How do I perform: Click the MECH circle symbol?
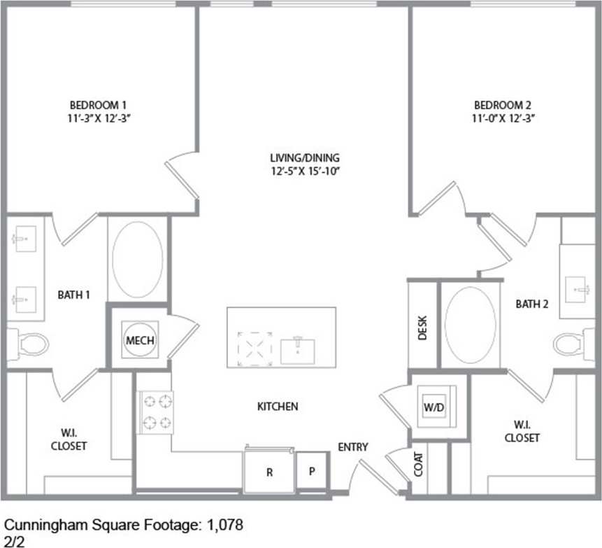(x=139, y=340)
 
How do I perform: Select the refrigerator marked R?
(x=268, y=471)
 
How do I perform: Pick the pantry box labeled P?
(x=312, y=471)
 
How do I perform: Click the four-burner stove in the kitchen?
(x=156, y=412)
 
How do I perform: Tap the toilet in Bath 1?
(x=31, y=344)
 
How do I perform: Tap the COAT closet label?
(x=418, y=463)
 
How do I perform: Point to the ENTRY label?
(x=353, y=447)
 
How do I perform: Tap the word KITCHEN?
(x=278, y=407)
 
